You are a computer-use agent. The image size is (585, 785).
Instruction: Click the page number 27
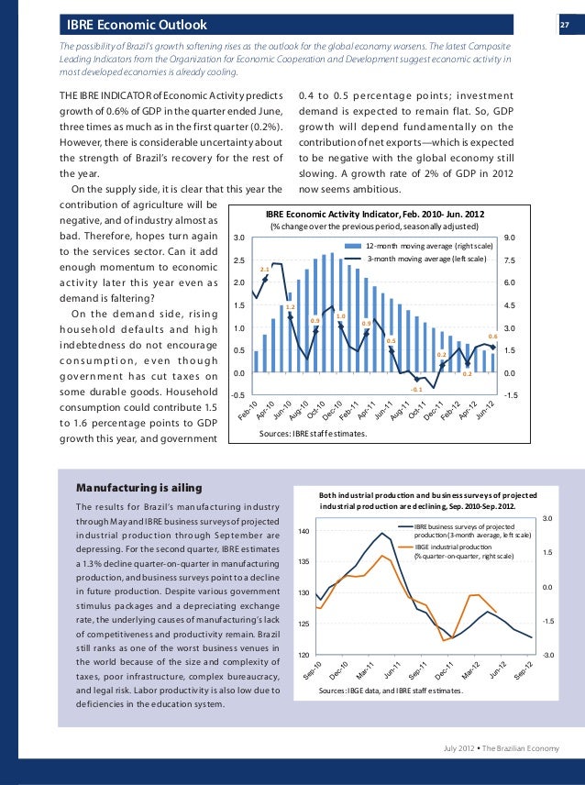(566, 24)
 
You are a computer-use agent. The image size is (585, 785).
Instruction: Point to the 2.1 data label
(264, 269)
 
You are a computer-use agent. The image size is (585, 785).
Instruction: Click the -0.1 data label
(416, 390)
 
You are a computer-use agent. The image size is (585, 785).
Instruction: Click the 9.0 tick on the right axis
(510, 238)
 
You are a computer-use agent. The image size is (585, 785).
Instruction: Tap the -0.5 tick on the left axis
(237, 395)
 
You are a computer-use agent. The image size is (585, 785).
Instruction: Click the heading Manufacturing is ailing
(138, 486)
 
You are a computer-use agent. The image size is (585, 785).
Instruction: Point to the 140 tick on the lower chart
(304, 532)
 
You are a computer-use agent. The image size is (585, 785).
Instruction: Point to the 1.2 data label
(291, 306)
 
